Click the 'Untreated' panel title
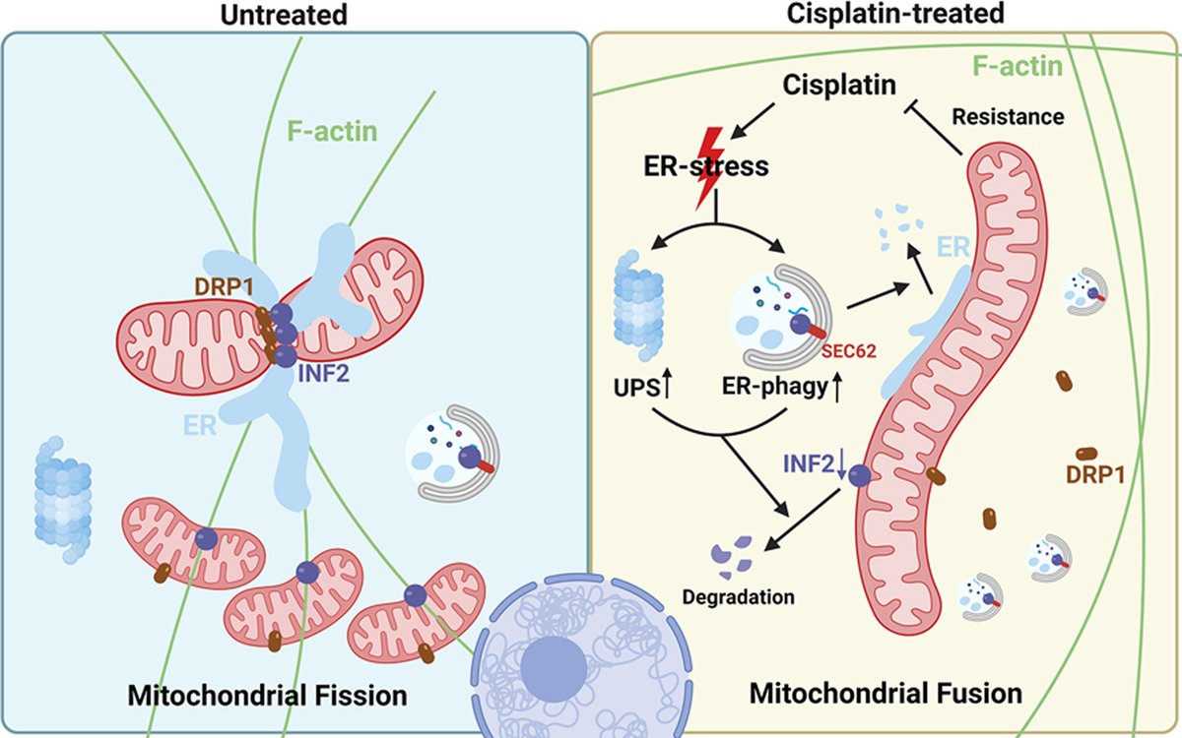click(284, 15)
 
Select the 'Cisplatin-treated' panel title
click(895, 13)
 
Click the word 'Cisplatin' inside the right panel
click(839, 85)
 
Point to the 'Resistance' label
click(1008, 116)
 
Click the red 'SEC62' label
click(849, 350)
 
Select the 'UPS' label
click(636, 388)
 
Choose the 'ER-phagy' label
click(774, 388)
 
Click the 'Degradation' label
click(738, 596)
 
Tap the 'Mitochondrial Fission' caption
click(268, 695)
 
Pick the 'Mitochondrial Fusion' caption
click(886, 693)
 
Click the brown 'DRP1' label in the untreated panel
click(224, 286)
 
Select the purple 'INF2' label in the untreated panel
click(323, 374)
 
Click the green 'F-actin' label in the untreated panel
click(333, 131)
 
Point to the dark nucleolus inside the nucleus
click(554, 668)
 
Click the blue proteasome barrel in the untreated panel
click(63, 499)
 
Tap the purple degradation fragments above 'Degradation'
click(732, 556)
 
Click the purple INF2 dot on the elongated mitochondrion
click(860, 475)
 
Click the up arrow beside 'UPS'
click(667, 383)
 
